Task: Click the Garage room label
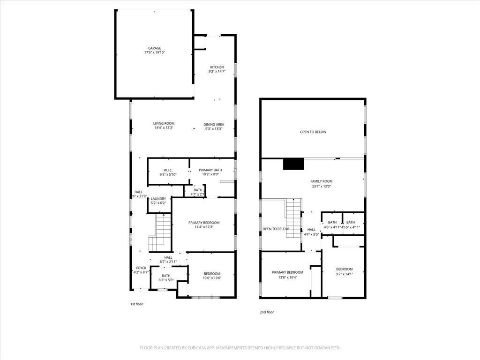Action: (x=154, y=48)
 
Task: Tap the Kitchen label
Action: (x=217, y=67)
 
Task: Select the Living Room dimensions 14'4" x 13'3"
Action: (x=164, y=128)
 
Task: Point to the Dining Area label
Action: (x=214, y=125)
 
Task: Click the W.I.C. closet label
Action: (x=168, y=170)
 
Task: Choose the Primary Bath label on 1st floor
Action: (x=210, y=170)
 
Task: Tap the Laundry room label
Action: (x=158, y=199)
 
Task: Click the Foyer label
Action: (x=140, y=268)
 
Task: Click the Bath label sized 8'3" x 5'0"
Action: (x=166, y=276)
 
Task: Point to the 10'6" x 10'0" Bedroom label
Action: (x=212, y=274)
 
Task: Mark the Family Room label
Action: (x=321, y=181)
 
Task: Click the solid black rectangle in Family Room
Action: (x=293, y=164)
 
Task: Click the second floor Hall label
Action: (x=311, y=230)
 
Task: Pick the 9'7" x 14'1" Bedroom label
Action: (x=344, y=269)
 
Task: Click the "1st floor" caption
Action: (x=136, y=304)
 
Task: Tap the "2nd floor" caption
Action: (x=267, y=312)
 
